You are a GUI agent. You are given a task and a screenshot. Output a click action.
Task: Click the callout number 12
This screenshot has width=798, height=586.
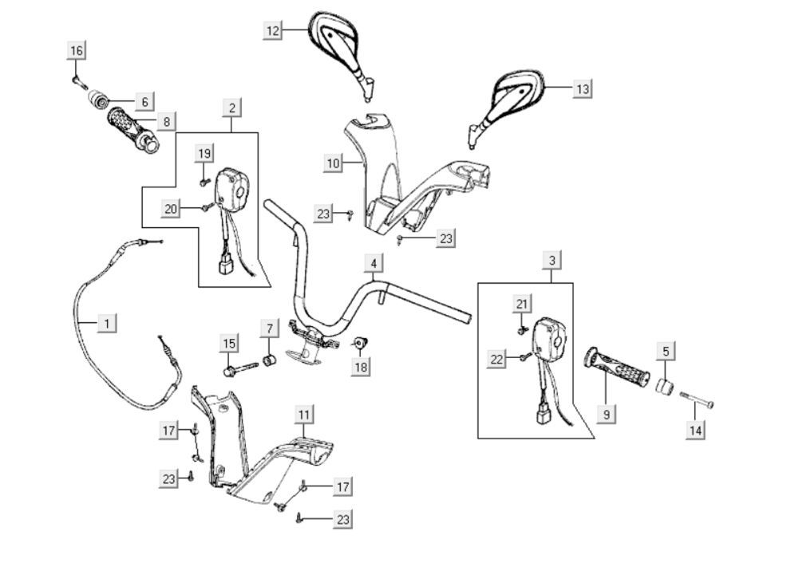coord(274,30)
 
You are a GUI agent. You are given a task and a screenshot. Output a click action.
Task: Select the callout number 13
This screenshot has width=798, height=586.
coord(583,88)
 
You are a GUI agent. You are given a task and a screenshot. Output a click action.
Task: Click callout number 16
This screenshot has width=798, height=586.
coord(77,51)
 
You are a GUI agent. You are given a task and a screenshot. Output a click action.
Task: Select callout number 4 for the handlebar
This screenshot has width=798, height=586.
coord(373,263)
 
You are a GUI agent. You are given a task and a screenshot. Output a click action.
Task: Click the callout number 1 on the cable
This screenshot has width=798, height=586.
coord(107,323)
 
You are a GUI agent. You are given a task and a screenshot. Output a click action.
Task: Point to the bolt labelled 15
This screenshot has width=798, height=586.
coord(239,369)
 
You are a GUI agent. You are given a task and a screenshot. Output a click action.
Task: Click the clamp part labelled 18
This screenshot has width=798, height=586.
coord(361,344)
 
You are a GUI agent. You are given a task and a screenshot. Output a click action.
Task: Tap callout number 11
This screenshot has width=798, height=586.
coord(304,414)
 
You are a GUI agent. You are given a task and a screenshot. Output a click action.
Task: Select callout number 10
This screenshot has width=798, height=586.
coord(334,163)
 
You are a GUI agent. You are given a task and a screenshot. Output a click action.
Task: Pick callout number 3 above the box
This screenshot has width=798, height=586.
coord(552,260)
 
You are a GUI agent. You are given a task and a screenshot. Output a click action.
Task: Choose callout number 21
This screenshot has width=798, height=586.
coord(522,304)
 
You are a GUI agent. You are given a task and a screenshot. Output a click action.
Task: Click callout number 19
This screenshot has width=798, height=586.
coord(204,153)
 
